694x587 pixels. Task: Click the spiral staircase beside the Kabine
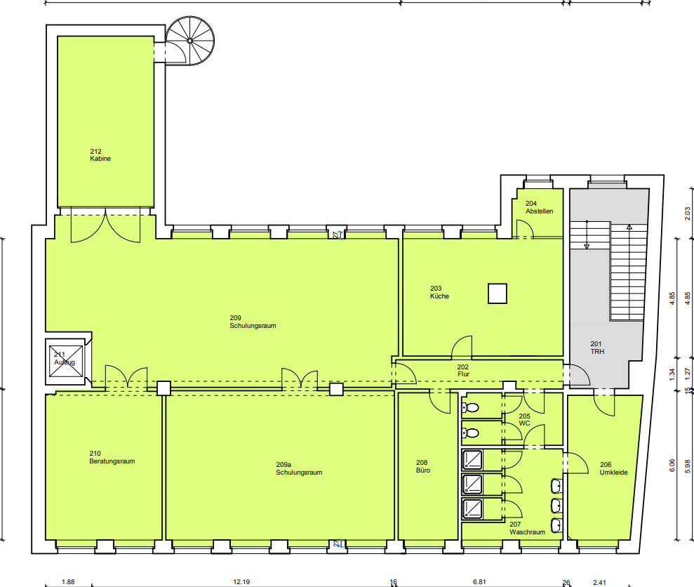[x=190, y=41]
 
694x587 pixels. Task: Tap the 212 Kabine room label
[x=100, y=155]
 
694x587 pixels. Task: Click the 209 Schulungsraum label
[x=253, y=322]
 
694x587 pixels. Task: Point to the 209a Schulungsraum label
[x=299, y=468]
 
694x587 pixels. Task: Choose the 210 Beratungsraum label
[x=112, y=457]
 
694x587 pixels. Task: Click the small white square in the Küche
[x=498, y=293]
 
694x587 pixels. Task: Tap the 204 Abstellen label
[x=539, y=207]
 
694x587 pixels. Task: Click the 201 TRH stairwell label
[x=597, y=348]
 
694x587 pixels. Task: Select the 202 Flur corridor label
[x=463, y=370]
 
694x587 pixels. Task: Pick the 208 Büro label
[x=423, y=466]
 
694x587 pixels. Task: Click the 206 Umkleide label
[x=613, y=468]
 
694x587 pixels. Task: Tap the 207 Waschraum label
[x=527, y=528]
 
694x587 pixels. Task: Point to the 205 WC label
[x=524, y=420]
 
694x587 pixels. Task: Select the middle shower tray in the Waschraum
[x=472, y=484]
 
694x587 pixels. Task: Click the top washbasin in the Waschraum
[x=556, y=486]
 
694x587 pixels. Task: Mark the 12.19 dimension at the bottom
[x=241, y=582]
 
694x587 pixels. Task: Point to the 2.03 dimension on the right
[x=688, y=213]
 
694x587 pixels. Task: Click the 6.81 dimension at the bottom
[x=480, y=582]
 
